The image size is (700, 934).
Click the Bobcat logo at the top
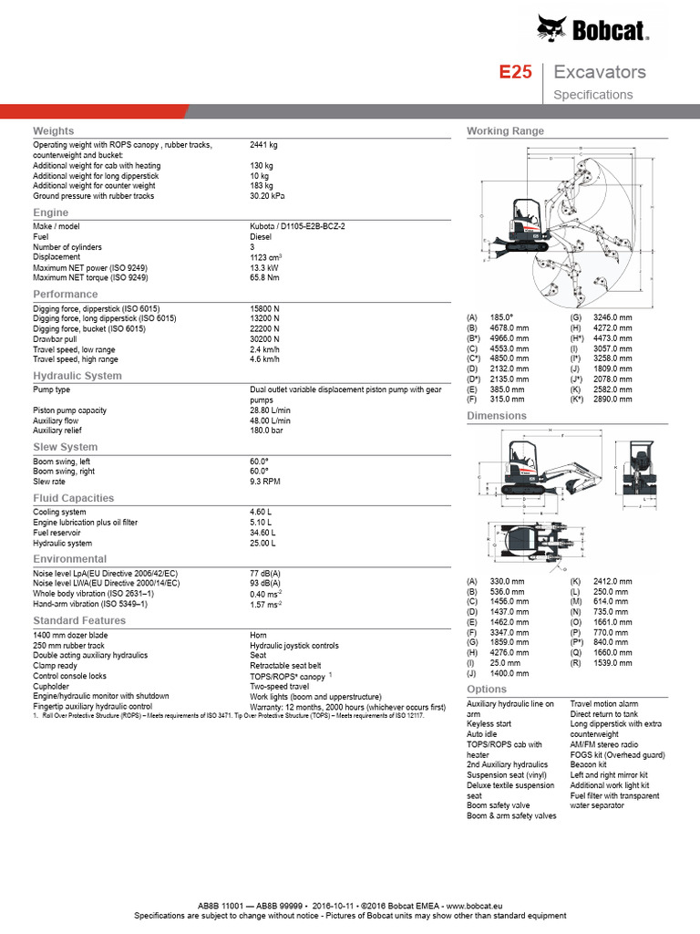592,30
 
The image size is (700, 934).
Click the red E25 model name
515,72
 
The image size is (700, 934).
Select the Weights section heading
54,131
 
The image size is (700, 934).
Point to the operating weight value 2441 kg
263,144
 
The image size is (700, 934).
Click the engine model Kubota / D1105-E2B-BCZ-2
297,225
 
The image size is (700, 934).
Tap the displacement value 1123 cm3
265,257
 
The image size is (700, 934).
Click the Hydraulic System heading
77,376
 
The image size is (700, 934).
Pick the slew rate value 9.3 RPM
265,481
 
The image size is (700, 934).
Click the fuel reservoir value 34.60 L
262,532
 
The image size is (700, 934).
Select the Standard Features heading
79,621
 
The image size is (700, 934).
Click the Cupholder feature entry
53,686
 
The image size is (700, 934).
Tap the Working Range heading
505,131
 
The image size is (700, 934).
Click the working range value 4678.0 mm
510,327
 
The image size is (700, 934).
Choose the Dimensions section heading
497,416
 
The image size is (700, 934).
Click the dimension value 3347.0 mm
509,631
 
